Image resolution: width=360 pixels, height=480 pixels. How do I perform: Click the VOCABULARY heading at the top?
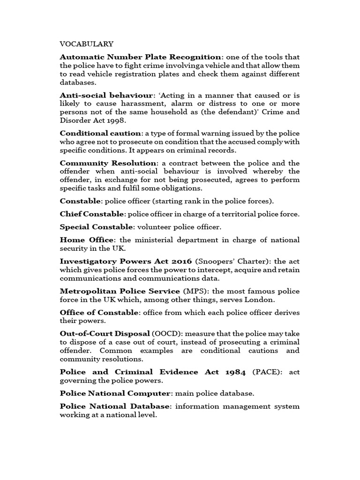point(86,44)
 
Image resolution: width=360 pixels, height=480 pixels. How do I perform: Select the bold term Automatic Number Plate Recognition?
point(140,57)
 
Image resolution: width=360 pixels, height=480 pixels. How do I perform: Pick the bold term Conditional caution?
point(100,133)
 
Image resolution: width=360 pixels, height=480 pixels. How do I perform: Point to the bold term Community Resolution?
point(108,163)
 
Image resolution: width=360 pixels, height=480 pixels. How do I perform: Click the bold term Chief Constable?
point(92,214)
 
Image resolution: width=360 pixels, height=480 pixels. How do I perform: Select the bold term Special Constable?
point(96,227)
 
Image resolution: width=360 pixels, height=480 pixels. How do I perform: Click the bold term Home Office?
point(87,240)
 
